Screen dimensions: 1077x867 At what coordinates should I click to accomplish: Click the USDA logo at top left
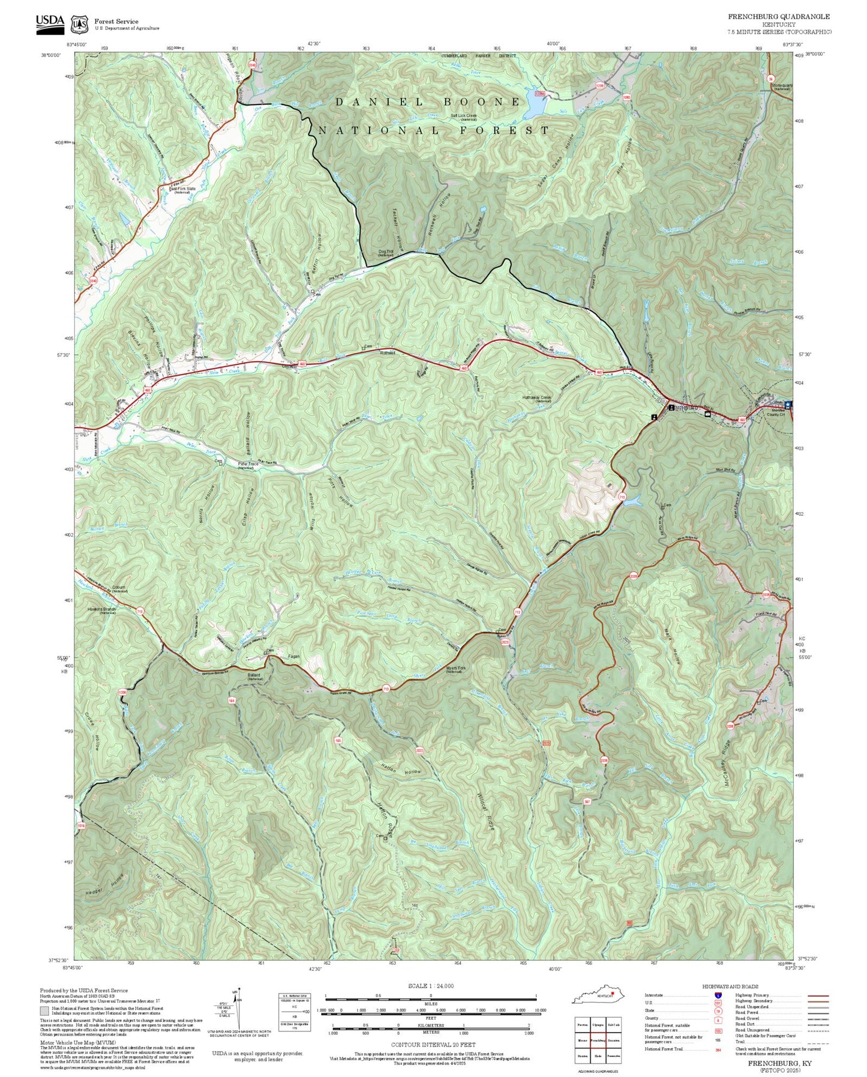[x=49, y=23]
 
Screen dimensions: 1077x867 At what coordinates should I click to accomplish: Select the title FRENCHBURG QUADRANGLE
[x=779, y=17]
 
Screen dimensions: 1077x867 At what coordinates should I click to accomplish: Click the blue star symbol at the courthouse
[x=787, y=405]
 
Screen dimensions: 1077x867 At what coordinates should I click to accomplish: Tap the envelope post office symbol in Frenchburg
[x=707, y=414]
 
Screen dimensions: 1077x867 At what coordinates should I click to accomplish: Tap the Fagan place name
[x=293, y=656]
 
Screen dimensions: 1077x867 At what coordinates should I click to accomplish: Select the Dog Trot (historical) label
[x=386, y=253]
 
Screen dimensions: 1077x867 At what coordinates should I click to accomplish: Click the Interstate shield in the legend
[x=717, y=995]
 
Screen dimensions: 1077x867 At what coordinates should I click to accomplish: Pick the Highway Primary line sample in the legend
[x=817, y=995]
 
